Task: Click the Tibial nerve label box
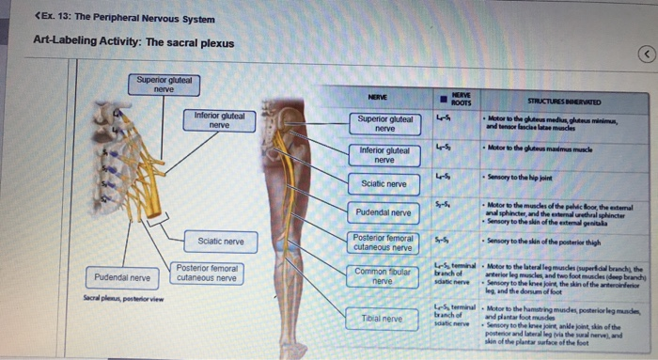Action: pyautogui.click(x=382, y=319)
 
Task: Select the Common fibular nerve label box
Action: pyautogui.click(x=382, y=275)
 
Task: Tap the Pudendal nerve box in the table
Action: pyautogui.click(x=384, y=212)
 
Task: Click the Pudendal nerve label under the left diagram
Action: pyautogui.click(x=122, y=277)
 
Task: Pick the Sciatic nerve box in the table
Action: pyautogui.click(x=384, y=183)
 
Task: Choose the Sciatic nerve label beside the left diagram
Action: pyautogui.click(x=220, y=242)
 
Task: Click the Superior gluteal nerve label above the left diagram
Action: pyautogui.click(x=164, y=84)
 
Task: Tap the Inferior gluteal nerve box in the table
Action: pyautogui.click(x=384, y=154)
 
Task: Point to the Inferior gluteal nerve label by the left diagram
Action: pyautogui.click(x=219, y=120)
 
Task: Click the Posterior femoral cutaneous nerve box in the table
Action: pyautogui.click(x=383, y=243)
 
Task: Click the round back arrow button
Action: pyautogui.click(x=646, y=55)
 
